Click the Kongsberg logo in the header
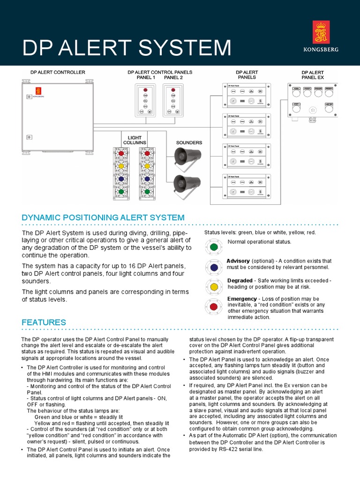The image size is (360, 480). [321, 36]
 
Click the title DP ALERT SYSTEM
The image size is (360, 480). [127, 48]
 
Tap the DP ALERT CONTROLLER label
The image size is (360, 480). [58, 73]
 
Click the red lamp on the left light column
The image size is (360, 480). [121, 153]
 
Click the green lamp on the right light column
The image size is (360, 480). [147, 191]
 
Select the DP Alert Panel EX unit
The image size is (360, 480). [312, 101]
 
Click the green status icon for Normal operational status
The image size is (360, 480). [214, 247]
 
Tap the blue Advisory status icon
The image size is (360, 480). [214, 267]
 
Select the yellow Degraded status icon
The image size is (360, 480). [214, 286]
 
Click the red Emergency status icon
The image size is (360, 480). [214, 307]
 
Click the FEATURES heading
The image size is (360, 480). [44, 322]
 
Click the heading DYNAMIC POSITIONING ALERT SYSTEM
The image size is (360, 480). [103, 217]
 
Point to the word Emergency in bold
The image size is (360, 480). [241, 299]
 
